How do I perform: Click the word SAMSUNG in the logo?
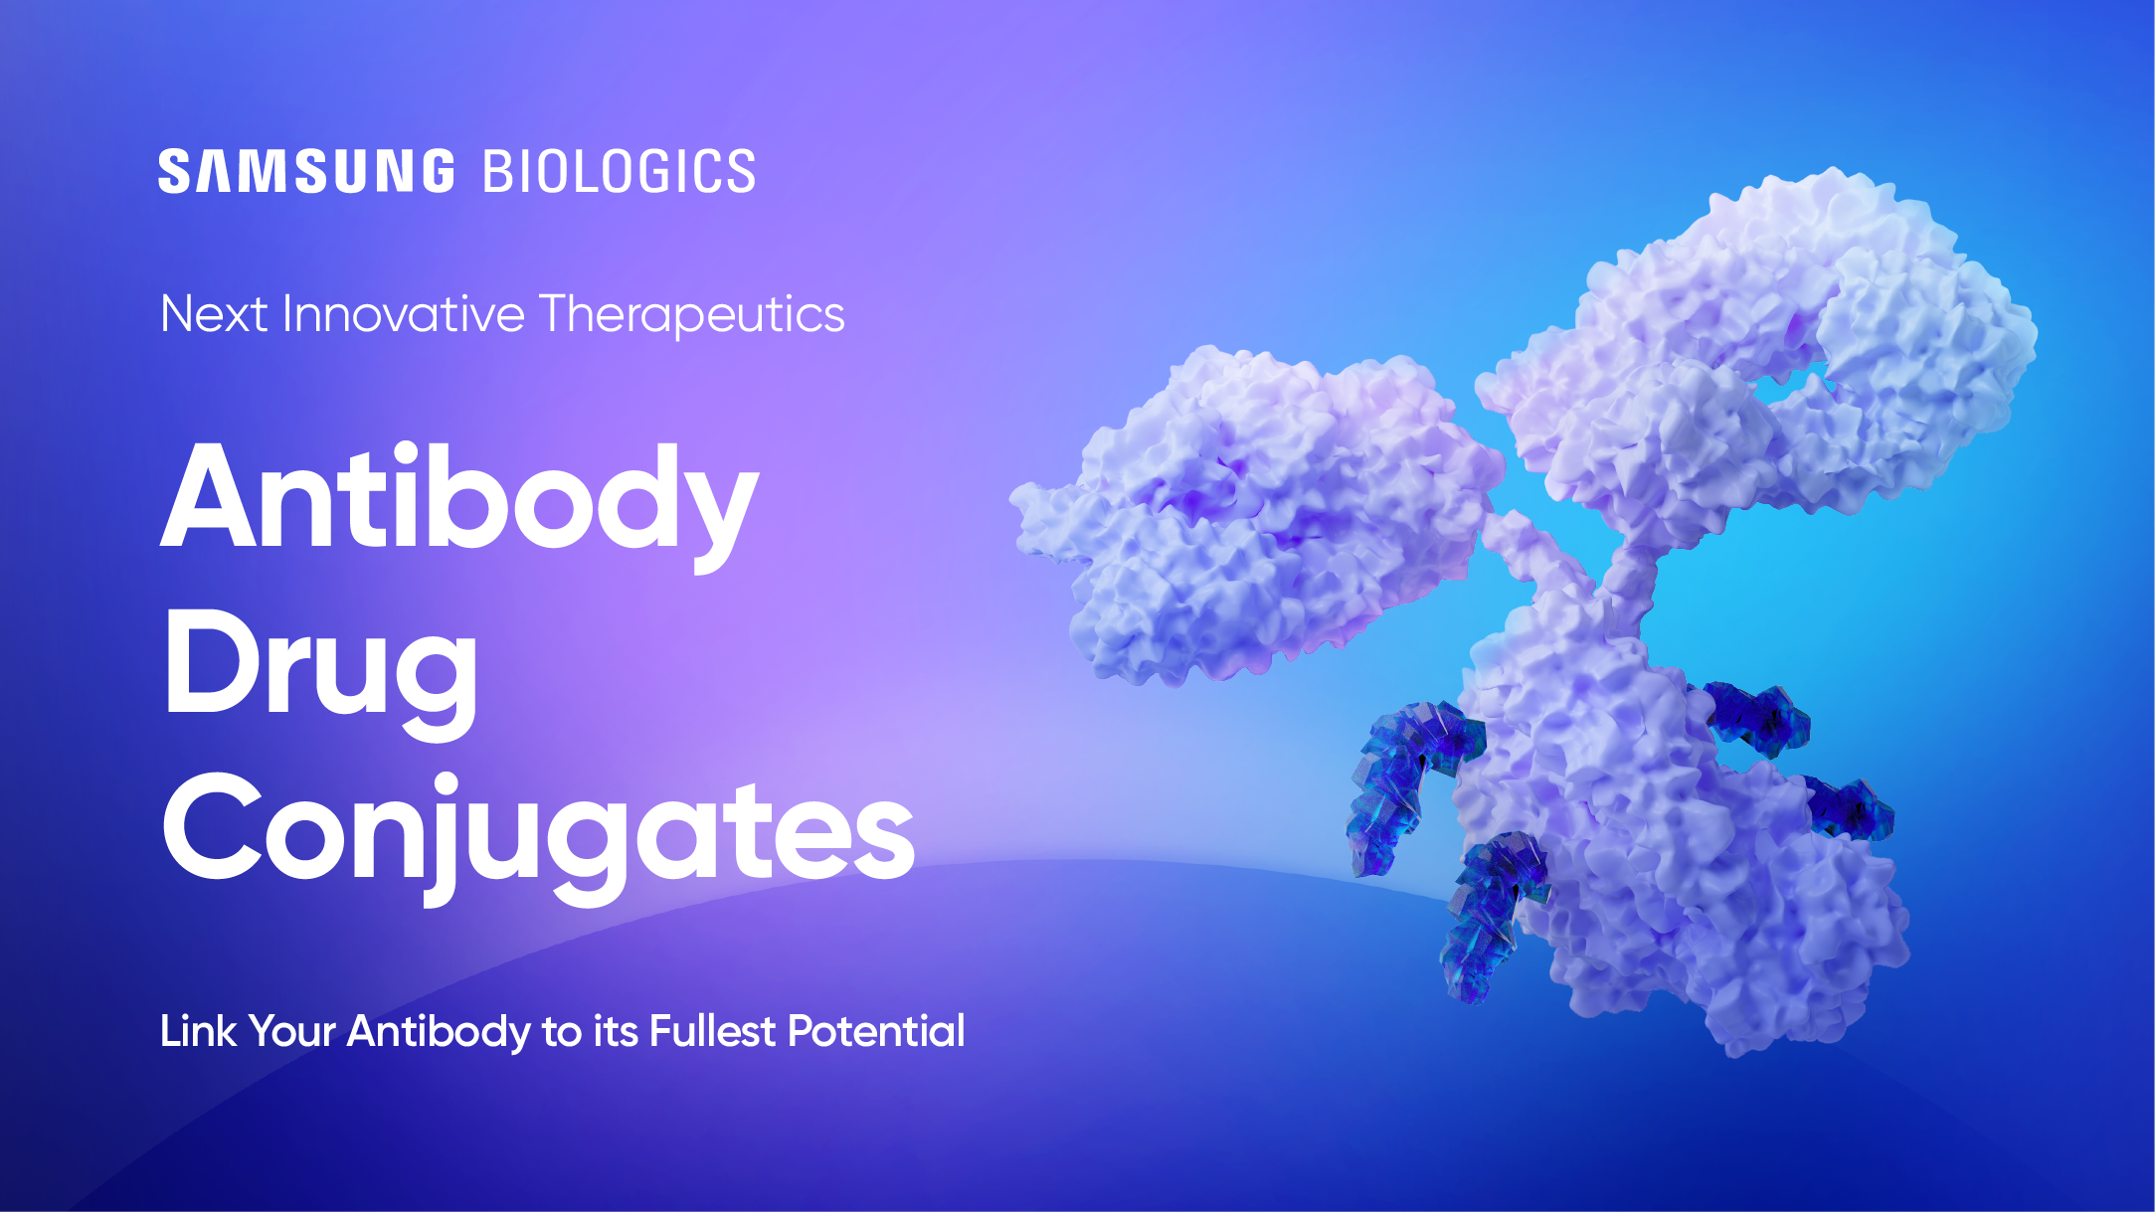point(306,171)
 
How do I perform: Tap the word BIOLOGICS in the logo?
point(619,171)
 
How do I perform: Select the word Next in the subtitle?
point(214,314)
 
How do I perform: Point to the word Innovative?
point(403,314)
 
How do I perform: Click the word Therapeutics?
point(692,316)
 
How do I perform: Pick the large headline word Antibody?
point(459,500)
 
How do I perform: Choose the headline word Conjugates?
point(537,831)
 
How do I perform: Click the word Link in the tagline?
point(198,1031)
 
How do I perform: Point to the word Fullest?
point(712,1031)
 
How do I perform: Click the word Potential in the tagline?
point(876,1031)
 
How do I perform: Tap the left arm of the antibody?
point(1253,517)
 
